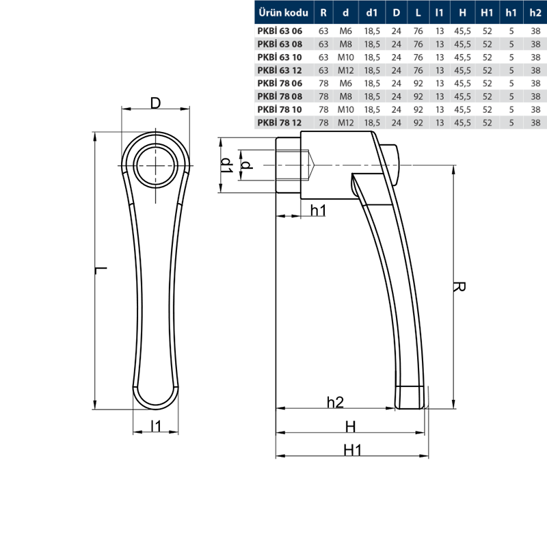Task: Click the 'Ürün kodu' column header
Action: click(283, 13)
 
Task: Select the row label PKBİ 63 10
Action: click(280, 57)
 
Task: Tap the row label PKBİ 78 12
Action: click(280, 122)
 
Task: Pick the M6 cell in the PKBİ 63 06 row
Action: click(345, 31)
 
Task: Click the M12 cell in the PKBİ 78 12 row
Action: click(345, 122)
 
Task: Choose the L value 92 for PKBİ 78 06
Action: click(418, 83)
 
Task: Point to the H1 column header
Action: click(487, 13)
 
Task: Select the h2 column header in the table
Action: click(535, 13)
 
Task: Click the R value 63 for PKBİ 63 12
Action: click(323, 70)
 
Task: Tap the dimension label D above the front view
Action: click(156, 103)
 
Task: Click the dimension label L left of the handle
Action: click(101, 270)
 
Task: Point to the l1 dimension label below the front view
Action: click(156, 426)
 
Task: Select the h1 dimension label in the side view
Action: click(318, 211)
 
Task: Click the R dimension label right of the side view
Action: click(459, 286)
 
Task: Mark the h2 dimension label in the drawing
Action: click(335, 402)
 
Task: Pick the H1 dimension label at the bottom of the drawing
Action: click(352, 450)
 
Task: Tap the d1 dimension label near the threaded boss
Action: click(227, 165)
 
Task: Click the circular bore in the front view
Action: click(156, 165)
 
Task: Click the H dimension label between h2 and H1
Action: click(350, 427)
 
